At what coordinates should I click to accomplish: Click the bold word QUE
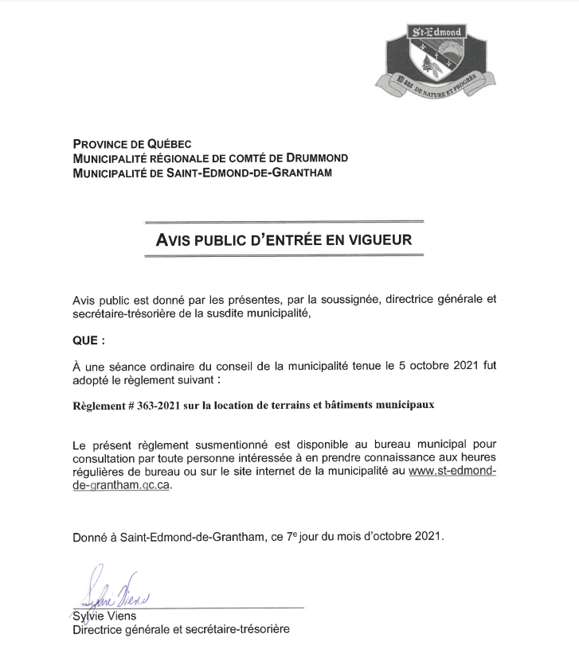pyautogui.click(x=84, y=340)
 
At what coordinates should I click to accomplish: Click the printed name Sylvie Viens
pyautogui.click(x=103, y=617)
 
